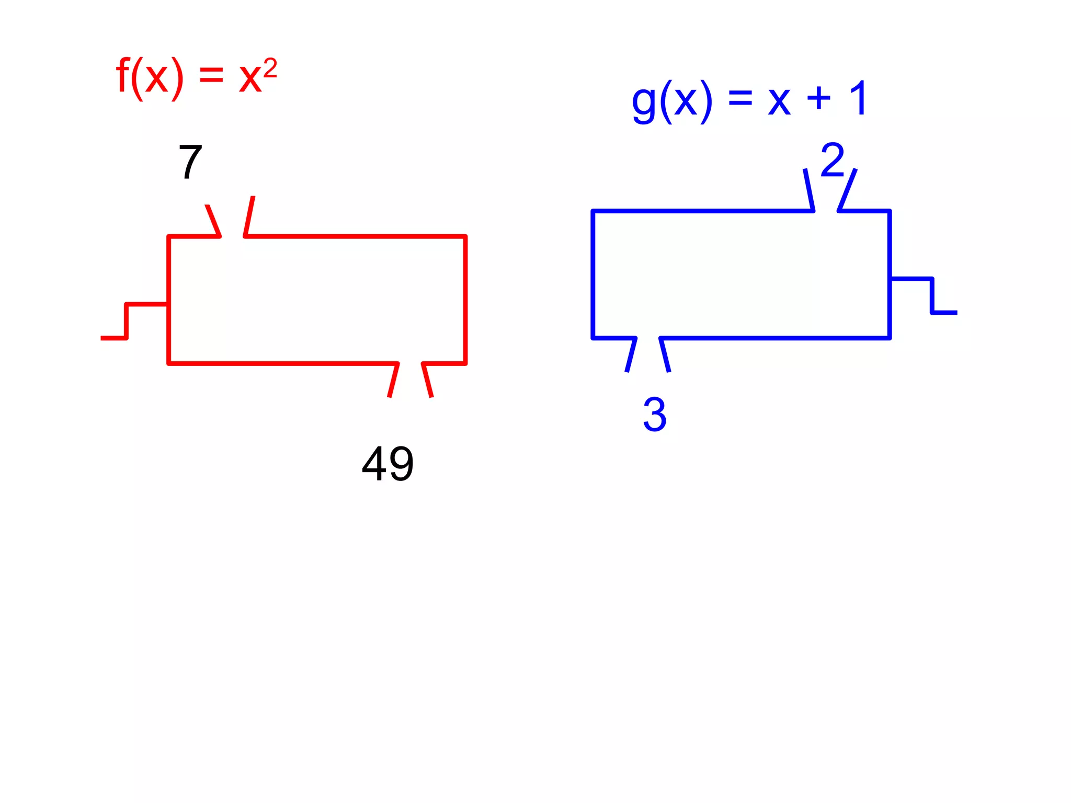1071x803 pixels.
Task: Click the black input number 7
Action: click(x=190, y=162)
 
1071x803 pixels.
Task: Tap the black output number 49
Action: click(x=388, y=464)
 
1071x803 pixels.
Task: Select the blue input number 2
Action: click(x=833, y=160)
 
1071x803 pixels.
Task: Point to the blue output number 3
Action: click(x=655, y=415)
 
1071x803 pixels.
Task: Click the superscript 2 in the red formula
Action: click(x=270, y=68)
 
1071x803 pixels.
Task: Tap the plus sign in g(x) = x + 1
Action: click(x=818, y=98)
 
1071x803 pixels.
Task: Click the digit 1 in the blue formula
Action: click(x=858, y=98)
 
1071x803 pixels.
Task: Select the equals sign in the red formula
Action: click(x=211, y=76)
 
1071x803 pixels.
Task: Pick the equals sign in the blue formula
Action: click(x=740, y=98)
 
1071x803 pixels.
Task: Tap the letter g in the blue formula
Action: click(x=644, y=102)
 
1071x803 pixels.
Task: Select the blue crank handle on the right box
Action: click(x=932, y=296)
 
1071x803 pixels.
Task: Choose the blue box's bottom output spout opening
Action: click(x=648, y=355)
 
